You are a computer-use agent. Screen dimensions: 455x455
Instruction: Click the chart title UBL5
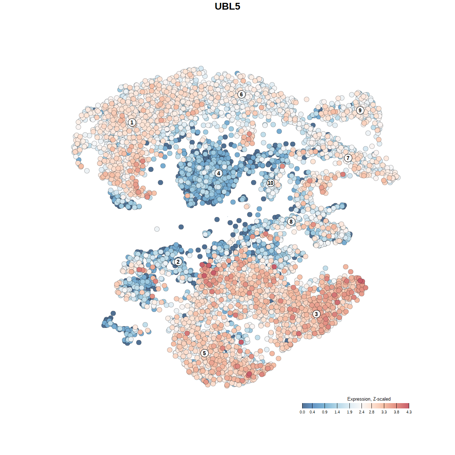227,6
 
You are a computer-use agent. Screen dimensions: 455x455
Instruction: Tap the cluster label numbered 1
132,122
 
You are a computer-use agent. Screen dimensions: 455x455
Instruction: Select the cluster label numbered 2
178,262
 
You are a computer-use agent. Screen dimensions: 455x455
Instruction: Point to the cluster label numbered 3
316,314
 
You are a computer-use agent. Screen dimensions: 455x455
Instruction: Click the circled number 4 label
219,173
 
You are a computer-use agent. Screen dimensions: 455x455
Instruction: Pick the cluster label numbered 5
204,353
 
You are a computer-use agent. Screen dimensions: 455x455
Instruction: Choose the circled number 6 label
241,94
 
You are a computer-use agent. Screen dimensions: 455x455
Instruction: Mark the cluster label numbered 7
348,158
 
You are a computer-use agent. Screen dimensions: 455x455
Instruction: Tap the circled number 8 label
291,221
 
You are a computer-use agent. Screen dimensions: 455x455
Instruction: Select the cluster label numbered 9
360,110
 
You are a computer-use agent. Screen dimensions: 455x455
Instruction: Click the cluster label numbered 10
271,183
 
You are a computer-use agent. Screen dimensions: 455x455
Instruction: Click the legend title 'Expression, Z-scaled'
369,399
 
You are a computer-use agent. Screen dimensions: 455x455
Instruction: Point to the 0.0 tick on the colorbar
302,412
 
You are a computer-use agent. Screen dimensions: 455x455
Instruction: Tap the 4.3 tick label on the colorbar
409,412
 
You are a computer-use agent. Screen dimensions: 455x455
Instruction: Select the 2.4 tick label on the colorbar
362,412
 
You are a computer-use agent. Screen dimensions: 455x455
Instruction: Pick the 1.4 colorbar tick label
337,412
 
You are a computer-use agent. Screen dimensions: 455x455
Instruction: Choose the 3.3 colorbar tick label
384,412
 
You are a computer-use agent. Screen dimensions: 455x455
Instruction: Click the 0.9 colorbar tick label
325,412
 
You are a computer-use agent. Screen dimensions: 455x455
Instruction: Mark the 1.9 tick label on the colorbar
349,412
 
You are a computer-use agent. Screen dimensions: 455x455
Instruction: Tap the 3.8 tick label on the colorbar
396,412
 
